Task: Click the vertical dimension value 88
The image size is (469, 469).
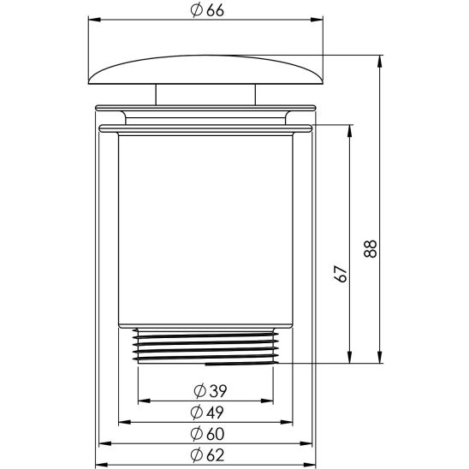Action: pyautogui.click(x=371, y=248)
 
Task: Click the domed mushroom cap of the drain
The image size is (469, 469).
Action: pyautogui.click(x=205, y=68)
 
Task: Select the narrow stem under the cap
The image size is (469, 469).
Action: pyautogui.click(x=205, y=95)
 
